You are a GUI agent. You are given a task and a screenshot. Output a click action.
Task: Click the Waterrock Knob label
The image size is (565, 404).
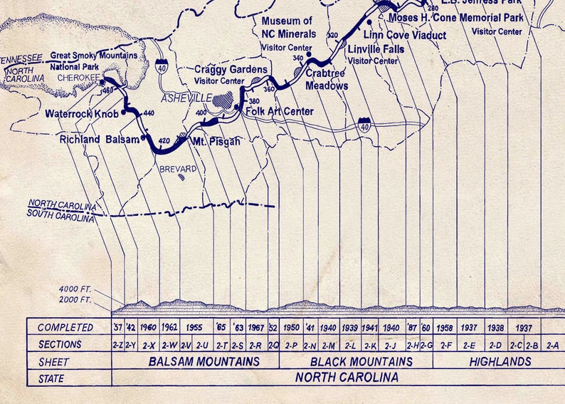(81, 113)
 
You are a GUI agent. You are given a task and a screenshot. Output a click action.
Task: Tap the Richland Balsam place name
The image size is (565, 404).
(100, 140)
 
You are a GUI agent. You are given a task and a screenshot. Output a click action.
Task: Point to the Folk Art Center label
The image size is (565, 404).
(279, 111)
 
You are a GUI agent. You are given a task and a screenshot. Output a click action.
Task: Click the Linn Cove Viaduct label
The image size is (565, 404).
(405, 35)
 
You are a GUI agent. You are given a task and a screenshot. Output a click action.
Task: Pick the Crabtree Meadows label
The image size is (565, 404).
(327, 80)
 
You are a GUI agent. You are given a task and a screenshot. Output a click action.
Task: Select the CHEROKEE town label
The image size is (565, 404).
(77, 79)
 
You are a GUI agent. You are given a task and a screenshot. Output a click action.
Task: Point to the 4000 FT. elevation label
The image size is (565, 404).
(75, 289)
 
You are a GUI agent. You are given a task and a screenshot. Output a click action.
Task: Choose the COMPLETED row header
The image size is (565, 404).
(65, 328)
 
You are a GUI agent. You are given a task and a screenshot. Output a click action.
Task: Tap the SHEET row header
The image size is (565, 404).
(53, 362)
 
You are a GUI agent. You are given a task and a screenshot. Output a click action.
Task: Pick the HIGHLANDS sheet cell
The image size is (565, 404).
(500, 362)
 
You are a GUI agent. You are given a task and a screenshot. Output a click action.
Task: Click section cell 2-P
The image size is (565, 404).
(290, 346)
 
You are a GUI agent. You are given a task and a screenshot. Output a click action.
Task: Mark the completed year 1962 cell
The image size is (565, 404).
(169, 328)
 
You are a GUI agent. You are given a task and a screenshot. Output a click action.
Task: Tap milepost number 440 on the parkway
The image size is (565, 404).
(149, 113)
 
